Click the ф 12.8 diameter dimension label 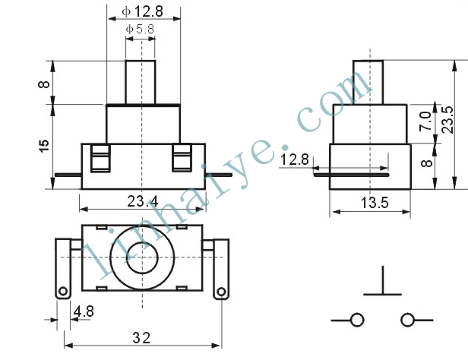point(142,11)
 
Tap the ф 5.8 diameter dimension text point(140,29)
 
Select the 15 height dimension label point(44,146)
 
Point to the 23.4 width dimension point(143,201)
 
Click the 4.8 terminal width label point(84,311)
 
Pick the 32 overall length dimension point(141,338)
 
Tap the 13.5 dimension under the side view point(375,203)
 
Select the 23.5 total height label point(448,119)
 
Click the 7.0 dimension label point(425,122)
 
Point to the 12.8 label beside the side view point(295,159)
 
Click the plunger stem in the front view point(141,82)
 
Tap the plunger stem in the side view point(368,82)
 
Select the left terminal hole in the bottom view point(63,291)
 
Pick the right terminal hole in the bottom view point(221,292)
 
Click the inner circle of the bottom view point(142,257)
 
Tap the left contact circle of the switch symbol point(357,320)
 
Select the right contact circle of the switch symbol point(407,320)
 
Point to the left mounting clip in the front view point(100,159)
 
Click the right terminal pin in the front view point(219,175)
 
